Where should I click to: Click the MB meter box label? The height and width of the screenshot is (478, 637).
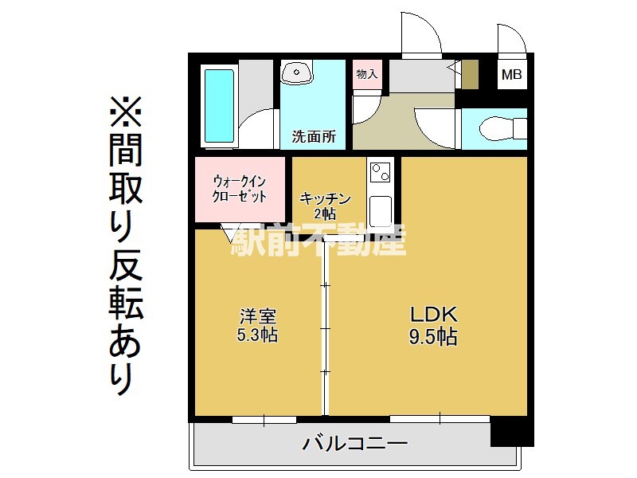click(x=511, y=74)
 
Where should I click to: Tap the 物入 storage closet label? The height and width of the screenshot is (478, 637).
click(x=367, y=74)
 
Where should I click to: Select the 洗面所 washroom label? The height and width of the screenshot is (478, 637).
click(x=314, y=136)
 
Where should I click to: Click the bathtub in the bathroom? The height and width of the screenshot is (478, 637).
click(x=219, y=106)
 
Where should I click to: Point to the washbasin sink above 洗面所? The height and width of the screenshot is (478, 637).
click(x=297, y=72)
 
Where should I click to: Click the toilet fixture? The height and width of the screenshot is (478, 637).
click(x=502, y=129)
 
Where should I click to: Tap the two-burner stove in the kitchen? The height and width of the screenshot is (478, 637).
click(x=381, y=172)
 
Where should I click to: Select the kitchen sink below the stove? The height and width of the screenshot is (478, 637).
click(x=381, y=210)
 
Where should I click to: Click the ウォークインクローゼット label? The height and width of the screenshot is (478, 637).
click(x=240, y=189)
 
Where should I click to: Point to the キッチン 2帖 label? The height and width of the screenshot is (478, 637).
click(x=325, y=206)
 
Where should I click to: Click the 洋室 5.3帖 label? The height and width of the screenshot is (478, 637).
click(x=257, y=326)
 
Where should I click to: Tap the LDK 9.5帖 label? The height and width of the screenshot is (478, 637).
click(x=433, y=326)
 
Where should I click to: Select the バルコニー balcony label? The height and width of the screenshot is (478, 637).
click(x=354, y=443)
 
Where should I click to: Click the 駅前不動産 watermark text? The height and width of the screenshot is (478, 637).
click(x=318, y=241)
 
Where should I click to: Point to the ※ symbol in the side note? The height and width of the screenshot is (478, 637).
click(x=126, y=112)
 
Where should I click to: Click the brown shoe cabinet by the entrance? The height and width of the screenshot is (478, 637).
click(x=470, y=74)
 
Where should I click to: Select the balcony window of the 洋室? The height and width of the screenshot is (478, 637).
click(x=264, y=420)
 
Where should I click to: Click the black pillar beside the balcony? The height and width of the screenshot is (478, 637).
click(x=512, y=432)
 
